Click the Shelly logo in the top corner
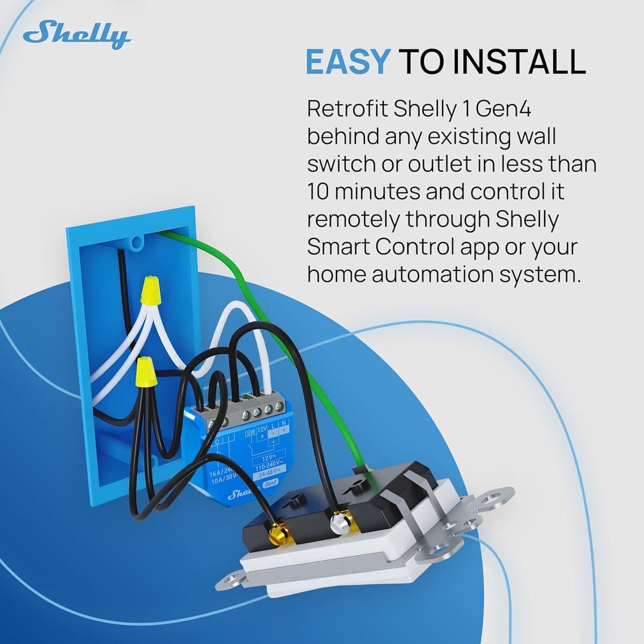pyautogui.click(x=77, y=35)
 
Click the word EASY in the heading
pyautogui.click(x=346, y=62)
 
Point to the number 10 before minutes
pyautogui.click(x=317, y=192)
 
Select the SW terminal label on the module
pyautogui.click(x=251, y=418)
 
